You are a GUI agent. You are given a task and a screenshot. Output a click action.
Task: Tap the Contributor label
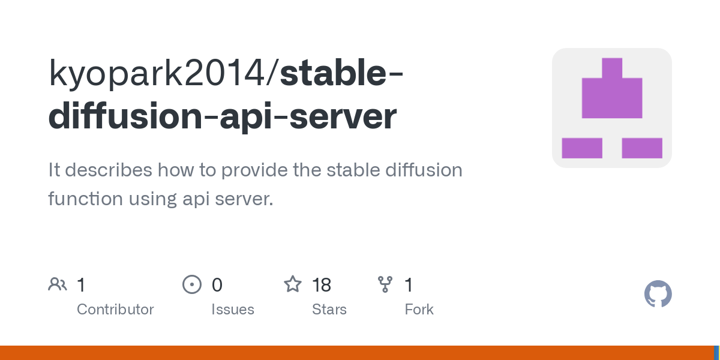115,310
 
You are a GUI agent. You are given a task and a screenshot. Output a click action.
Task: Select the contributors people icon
58,284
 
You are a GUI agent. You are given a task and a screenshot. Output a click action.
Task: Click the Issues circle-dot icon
191,284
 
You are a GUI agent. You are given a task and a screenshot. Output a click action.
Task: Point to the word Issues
232,310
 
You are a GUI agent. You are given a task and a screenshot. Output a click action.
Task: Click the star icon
292,284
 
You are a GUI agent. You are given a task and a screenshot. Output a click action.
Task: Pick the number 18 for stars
322,285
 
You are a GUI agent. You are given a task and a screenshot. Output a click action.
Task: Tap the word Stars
329,310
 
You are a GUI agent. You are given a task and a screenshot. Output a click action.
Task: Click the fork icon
385,284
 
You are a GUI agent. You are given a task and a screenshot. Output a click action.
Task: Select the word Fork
419,310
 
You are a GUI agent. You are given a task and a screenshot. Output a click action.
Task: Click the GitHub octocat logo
658,295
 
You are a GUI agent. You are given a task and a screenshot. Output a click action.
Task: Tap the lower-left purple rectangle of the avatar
581,148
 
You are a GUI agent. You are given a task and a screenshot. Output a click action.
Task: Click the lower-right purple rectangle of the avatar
642,148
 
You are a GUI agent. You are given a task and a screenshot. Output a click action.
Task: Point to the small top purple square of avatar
612,67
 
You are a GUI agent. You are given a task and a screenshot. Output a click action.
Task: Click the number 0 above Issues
217,285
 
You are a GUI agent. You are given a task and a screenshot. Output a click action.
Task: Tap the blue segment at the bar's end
716,353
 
